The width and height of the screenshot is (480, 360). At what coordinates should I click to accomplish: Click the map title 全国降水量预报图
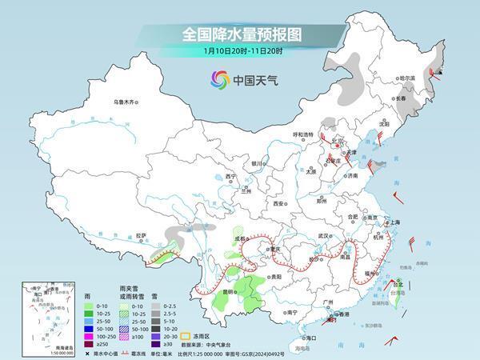(x=239, y=34)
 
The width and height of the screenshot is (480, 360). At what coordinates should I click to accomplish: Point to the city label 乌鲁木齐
(x=126, y=102)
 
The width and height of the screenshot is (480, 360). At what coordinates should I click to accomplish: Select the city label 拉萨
(x=142, y=235)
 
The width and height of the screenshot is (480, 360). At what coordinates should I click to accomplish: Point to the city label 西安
(x=278, y=204)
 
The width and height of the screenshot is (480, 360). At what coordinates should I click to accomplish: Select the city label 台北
(x=398, y=283)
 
